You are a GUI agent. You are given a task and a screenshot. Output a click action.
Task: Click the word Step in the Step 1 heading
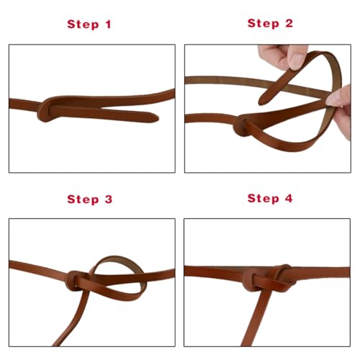(x=84, y=24)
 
